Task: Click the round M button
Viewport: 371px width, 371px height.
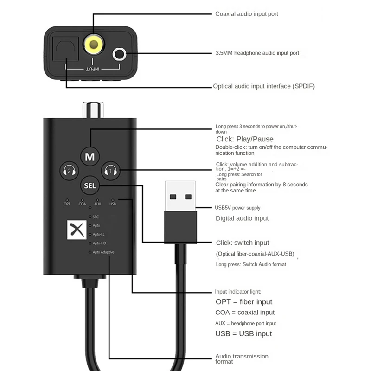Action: pyautogui.click(x=90, y=157)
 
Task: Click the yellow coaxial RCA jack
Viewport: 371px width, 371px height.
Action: pyautogui.click(x=93, y=45)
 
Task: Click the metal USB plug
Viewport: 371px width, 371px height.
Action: pyautogui.click(x=180, y=195)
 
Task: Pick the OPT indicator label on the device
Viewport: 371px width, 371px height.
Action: pyautogui.click(x=67, y=204)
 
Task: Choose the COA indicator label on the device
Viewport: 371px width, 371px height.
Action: pyautogui.click(x=82, y=204)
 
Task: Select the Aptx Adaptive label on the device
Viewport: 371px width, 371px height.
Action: pyautogui.click(x=103, y=252)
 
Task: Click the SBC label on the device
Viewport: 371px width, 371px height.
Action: pyautogui.click(x=96, y=217)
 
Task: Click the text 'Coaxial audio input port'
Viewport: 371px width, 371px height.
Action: pyautogui.click(x=247, y=14)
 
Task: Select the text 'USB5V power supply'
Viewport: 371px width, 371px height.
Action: pyautogui.click(x=238, y=207)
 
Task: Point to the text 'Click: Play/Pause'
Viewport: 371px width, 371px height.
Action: pyautogui.click(x=245, y=139)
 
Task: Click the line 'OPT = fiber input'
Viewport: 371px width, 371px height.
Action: pyautogui.click(x=244, y=302)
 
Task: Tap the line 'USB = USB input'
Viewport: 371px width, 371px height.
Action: pyautogui.click(x=243, y=333)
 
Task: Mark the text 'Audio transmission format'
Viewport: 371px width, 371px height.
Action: pyautogui.click(x=242, y=359)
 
